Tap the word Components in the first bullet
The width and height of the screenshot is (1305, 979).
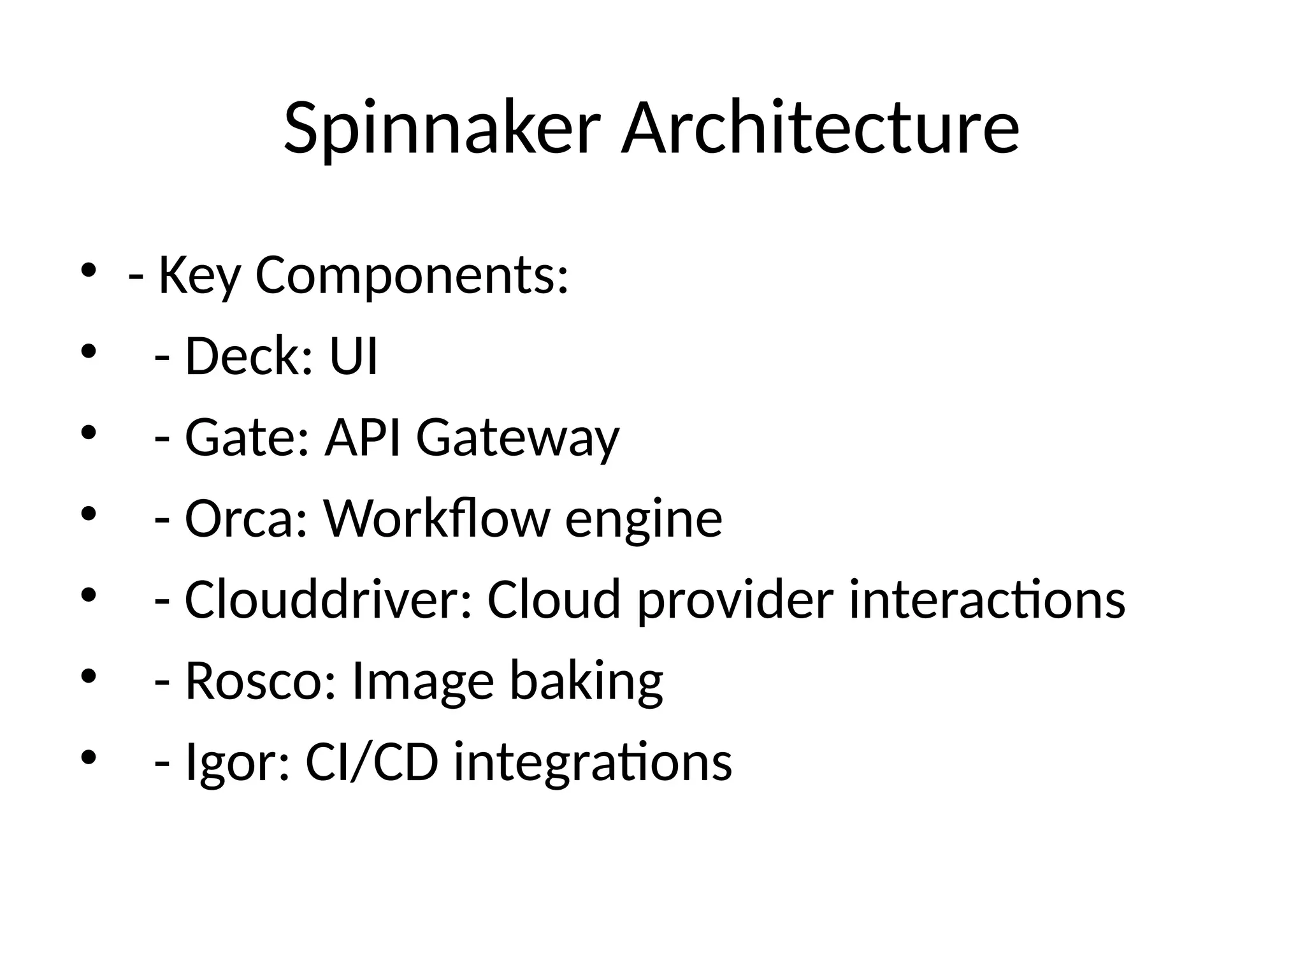[411, 275]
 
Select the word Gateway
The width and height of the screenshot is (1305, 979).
[517, 439]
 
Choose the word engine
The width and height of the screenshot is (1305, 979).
[644, 520]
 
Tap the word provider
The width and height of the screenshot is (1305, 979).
[735, 601]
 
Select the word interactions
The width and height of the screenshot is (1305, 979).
[987, 600]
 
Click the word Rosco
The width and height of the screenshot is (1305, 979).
[260, 681]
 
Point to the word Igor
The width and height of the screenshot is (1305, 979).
[236, 763]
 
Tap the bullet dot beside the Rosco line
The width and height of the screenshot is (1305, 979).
[88, 676]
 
